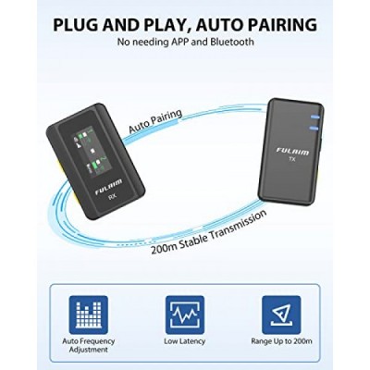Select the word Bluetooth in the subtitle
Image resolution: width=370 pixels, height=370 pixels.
point(232,42)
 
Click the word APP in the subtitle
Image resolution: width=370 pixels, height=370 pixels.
point(179,42)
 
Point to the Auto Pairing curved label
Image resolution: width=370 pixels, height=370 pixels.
point(155,120)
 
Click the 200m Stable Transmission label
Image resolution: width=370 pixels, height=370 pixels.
point(209,232)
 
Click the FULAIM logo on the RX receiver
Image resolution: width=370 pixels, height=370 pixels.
point(108,187)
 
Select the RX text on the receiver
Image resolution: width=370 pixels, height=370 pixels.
point(113,197)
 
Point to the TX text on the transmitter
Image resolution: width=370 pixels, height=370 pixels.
point(292,159)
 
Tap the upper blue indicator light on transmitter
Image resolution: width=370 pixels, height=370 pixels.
point(315,117)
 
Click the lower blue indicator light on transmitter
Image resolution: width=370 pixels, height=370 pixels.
point(314,128)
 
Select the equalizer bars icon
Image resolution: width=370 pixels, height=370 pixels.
point(89,314)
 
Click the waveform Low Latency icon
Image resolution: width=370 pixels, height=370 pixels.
point(185,314)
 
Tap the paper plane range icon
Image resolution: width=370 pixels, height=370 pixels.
point(281,314)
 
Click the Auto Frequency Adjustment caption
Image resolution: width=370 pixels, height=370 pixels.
point(89,345)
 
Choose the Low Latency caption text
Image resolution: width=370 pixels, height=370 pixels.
point(185,341)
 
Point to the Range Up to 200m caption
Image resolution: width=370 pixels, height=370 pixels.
point(281,341)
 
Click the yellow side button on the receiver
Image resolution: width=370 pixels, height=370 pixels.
point(59,173)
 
